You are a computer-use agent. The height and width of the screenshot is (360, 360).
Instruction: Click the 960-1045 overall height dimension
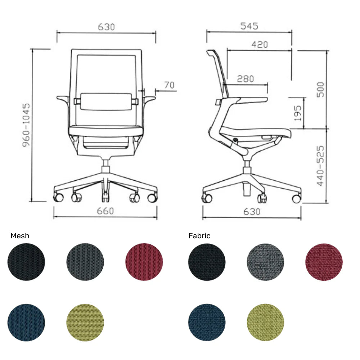[25, 125]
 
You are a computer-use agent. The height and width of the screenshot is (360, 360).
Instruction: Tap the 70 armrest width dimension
[169, 85]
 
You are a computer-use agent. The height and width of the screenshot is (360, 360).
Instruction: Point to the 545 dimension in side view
[249, 26]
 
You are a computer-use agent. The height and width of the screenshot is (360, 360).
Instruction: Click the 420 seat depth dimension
[260, 44]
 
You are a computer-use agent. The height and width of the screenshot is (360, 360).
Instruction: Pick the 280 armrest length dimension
[245, 79]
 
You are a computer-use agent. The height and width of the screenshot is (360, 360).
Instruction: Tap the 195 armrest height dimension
[297, 113]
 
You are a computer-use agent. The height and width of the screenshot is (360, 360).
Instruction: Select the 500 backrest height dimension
[320, 90]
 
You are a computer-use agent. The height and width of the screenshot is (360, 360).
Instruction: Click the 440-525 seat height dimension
[320, 166]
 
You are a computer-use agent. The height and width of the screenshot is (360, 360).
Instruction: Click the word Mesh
[20, 236]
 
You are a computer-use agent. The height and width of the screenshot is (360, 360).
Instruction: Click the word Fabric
[199, 236]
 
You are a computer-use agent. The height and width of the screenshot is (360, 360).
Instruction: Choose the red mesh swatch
[144, 262]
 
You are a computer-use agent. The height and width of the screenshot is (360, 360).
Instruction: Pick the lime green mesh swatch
[85, 322]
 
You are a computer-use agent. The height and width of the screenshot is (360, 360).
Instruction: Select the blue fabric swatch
[207, 322]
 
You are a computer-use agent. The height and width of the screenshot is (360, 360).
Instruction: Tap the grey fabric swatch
[265, 262]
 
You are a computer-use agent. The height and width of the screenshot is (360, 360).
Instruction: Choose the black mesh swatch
[26, 262]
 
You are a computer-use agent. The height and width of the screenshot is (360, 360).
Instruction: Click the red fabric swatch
[324, 262]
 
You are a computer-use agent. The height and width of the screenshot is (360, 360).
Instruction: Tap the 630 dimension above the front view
[106, 27]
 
